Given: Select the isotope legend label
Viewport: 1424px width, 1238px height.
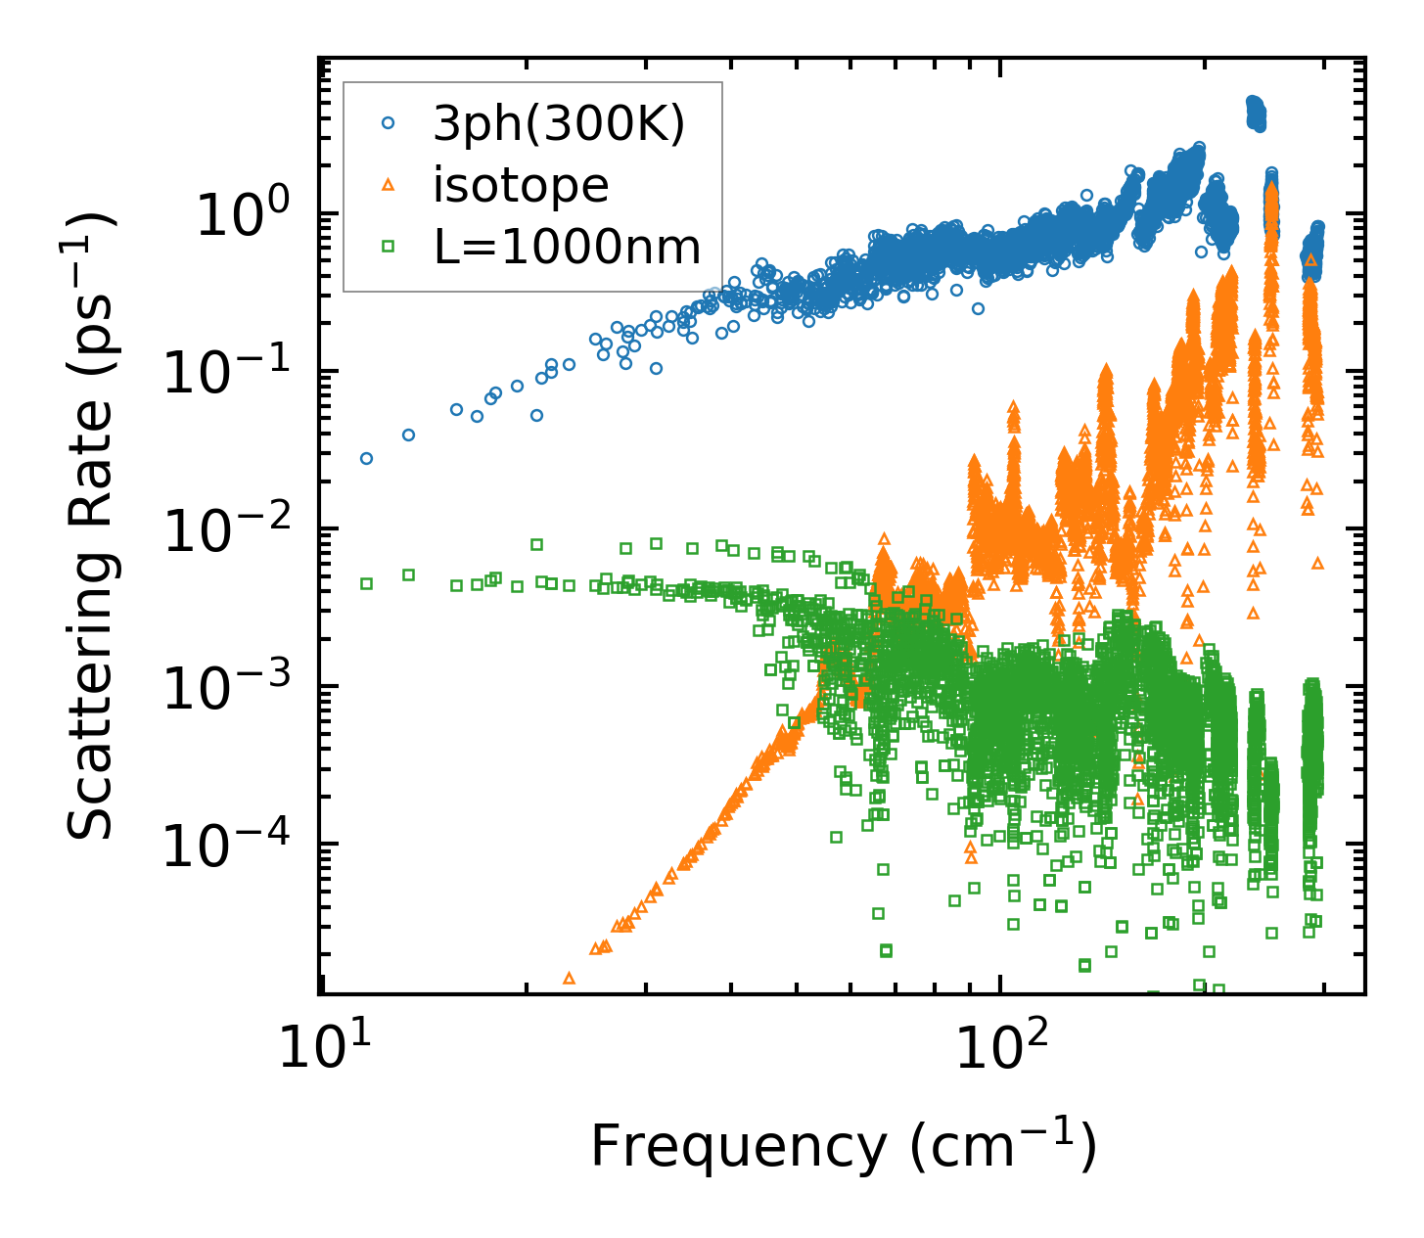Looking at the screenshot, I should tap(521, 185).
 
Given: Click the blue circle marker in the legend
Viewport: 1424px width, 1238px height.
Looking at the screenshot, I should tap(389, 123).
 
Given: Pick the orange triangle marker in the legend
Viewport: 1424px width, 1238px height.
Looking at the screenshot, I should tap(389, 184).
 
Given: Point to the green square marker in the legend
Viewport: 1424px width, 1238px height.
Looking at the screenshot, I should tap(389, 247).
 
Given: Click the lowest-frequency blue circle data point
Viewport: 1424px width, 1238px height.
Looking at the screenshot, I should tap(366, 458).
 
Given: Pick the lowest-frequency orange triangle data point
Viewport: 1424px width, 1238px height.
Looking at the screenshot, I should tap(569, 978).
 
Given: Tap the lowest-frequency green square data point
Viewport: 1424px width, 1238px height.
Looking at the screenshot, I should tap(366, 583).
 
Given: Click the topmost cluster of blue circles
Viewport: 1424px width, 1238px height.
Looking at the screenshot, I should tap(1255, 114).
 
